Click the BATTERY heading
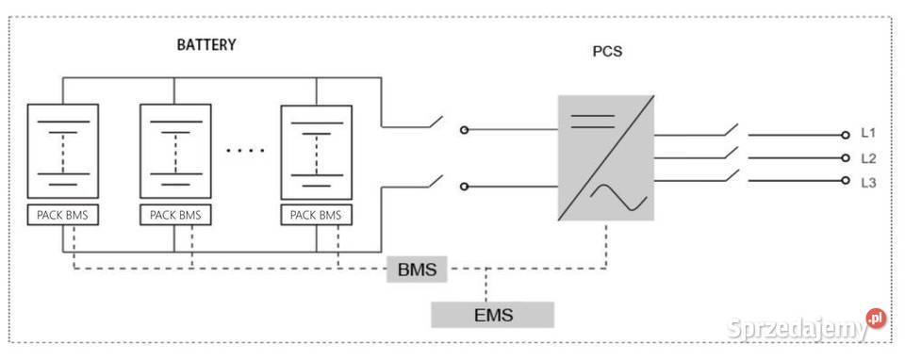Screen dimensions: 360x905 pos(206,44)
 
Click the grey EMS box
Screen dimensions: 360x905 pos(492,315)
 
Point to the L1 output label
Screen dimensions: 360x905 pos(869,136)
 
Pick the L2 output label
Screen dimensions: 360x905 pos(869,158)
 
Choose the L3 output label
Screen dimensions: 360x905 pos(869,182)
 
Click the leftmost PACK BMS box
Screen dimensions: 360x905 pos(63,215)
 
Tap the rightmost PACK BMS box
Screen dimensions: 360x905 pos(316,215)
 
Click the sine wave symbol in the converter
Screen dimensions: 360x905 pos(619,197)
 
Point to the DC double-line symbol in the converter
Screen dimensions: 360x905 pos(593,120)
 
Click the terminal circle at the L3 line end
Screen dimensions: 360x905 pos(846,181)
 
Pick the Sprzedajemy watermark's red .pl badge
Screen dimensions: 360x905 pos(877,319)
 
